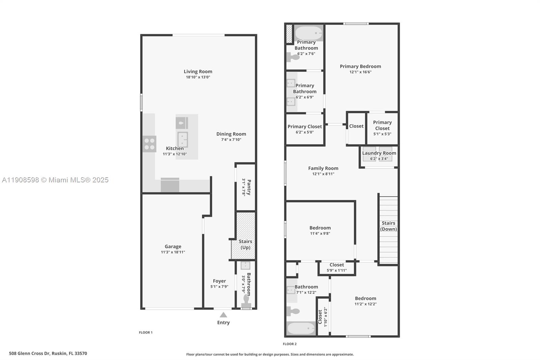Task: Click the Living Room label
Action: click(198, 72)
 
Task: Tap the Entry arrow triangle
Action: click(223, 315)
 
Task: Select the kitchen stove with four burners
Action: click(149, 144)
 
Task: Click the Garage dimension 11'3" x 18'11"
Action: click(173, 252)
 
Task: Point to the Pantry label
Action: click(249, 187)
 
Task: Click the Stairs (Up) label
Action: click(245, 244)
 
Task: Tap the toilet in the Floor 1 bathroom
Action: click(246, 300)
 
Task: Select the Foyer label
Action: click(219, 281)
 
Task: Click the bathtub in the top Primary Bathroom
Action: click(309, 33)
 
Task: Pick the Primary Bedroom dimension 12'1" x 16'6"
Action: click(360, 72)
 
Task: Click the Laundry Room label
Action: click(379, 153)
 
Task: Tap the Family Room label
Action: click(323, 168)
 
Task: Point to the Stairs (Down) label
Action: click(388, 226)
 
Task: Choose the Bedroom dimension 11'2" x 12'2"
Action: click(366, 304)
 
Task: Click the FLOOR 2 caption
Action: click(290, 344)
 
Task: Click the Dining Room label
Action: click(231, 134)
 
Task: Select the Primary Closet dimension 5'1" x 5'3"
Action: click(382, 134)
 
